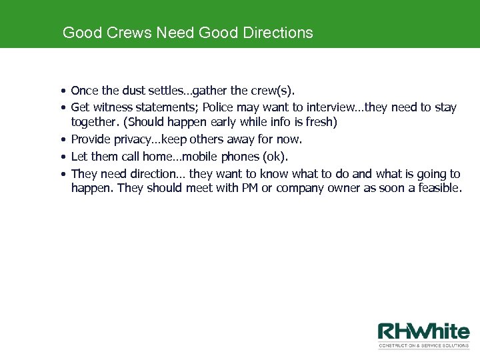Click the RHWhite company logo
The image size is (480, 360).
coord(423,332)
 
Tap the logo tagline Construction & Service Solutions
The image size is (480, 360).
coord(423,346)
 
